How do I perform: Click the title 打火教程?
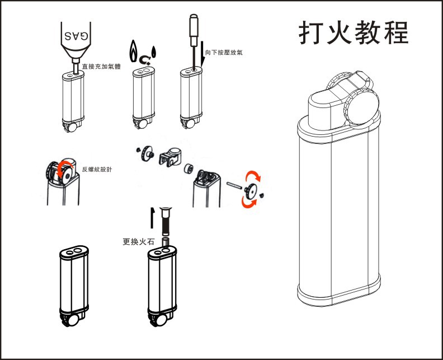[x=354, y=33]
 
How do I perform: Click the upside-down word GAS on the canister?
[x=76, y=35]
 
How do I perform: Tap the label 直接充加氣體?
[x=101, y=66]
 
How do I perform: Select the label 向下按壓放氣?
[x=224, y=53]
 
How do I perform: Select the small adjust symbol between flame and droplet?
[x=145, y=58]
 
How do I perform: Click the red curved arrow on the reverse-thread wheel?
[x=65, y=166]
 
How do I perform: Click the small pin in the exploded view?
[x=233, y=184]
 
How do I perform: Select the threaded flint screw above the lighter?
[x=166, y=222]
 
